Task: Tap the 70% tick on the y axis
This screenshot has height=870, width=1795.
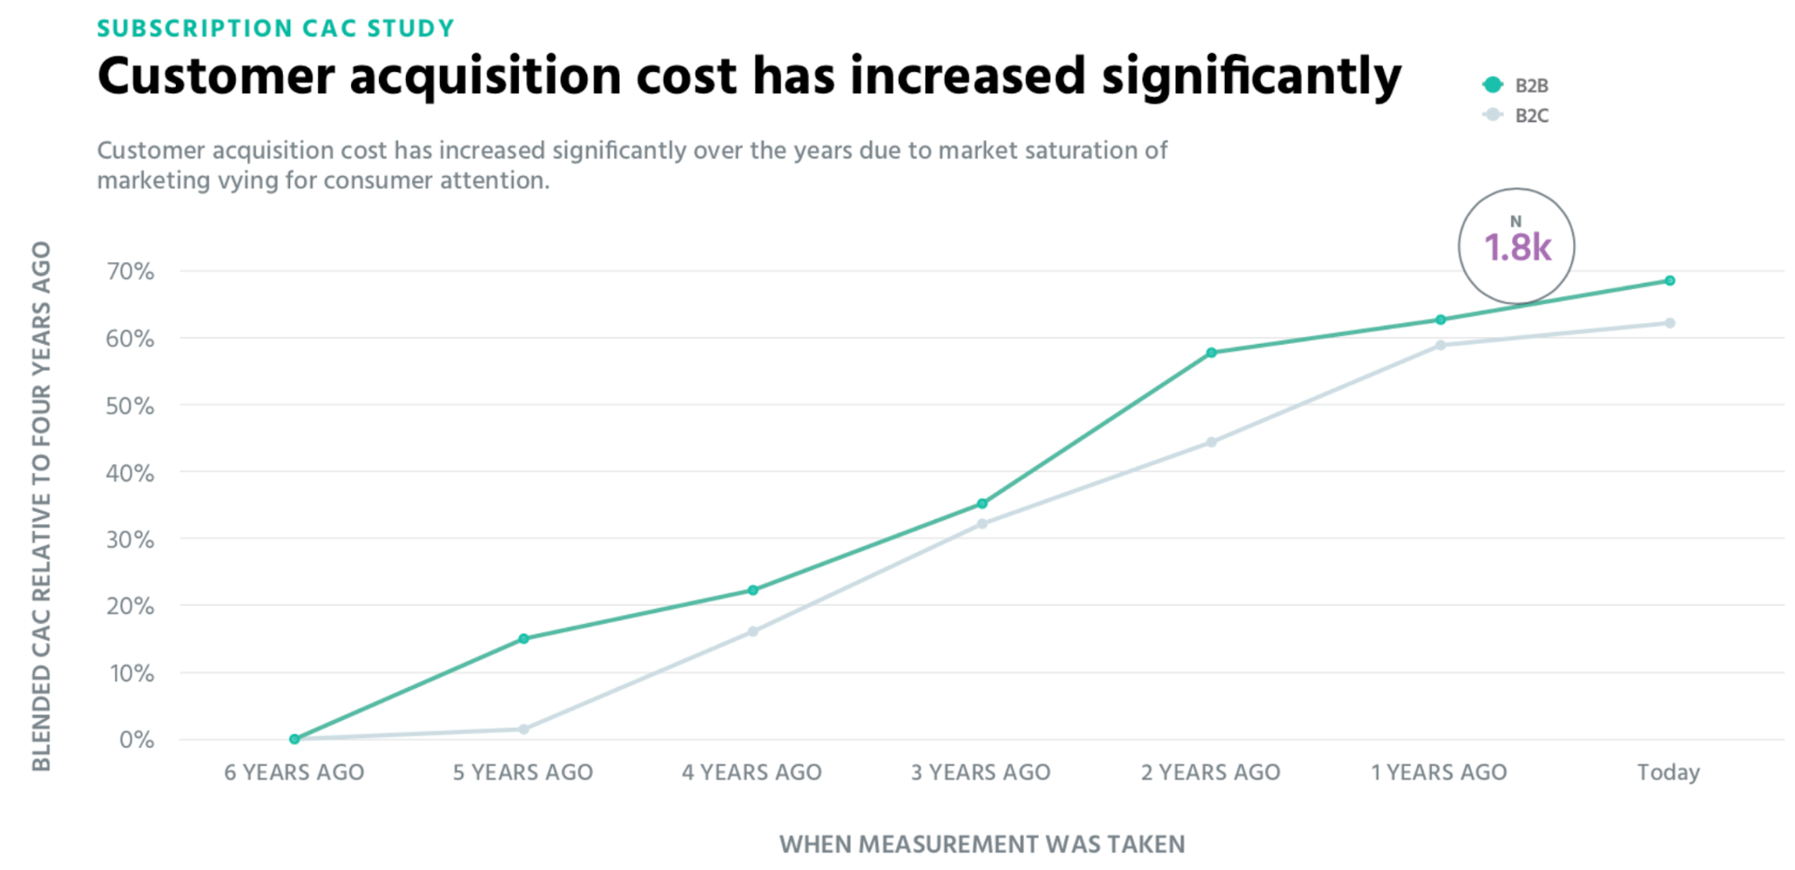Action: [130, 271]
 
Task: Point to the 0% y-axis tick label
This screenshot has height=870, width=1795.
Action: [136, 740]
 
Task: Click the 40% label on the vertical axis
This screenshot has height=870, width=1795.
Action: [130, 472]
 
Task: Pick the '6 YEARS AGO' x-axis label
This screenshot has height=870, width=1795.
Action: [294, 772]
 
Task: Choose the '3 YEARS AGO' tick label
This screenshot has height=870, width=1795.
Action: [981, 772]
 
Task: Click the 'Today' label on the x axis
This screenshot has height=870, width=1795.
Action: [1668, 772]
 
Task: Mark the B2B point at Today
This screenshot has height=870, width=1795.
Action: [1669, 281]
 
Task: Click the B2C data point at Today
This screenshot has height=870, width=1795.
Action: [1669, 323]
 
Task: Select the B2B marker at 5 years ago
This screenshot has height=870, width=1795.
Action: [524, 639]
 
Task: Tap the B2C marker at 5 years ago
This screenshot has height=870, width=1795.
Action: [524, 729]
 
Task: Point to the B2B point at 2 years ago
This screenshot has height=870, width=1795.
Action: [1211, 353]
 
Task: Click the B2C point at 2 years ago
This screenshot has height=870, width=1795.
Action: [1211, 443]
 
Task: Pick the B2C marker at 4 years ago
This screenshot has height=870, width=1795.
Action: [752, 632]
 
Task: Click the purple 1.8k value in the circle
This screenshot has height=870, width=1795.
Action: [1517, 248]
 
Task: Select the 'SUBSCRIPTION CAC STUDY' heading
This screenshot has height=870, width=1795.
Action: [276, 29]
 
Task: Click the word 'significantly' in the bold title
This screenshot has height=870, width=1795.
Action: [1251, 77]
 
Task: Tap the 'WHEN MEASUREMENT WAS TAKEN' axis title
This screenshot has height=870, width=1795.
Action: [981, 844]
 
